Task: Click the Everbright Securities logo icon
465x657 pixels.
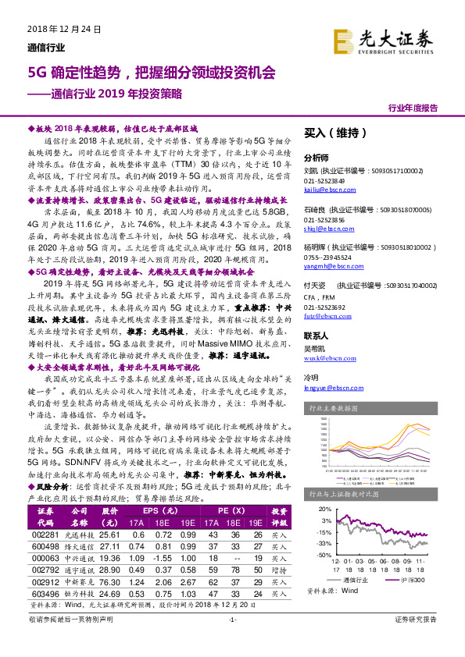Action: pyautogui.click(x=343, y=40)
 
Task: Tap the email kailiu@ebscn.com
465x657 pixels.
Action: pyautogui.click(x=324, y=189)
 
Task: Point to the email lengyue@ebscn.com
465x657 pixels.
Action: pyautogui.click(x=328, y=388)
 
